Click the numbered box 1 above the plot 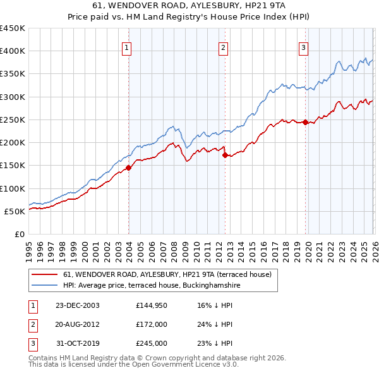[x=127, y=47]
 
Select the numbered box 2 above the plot [x=223, y=47]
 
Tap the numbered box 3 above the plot [x=304, y=47]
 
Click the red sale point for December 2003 [x=129, y=168]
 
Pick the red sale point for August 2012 [x=225, y=155]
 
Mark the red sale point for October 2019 [x=306, y=122]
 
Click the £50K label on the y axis [x=15, y=211]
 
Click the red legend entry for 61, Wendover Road [x=167, y=274]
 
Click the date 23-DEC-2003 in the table [x=77, y=305]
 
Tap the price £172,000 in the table [x=151, y=324]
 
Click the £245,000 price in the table [x=151, y=344]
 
